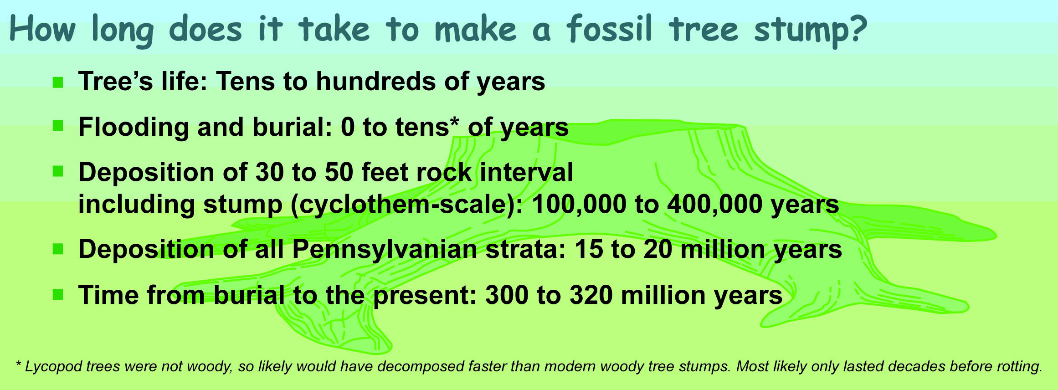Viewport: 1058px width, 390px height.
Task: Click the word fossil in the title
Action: coord(609,29)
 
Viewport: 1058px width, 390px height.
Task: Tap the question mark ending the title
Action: coord(857,29)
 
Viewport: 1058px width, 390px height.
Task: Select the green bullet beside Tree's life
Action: coord(58,82)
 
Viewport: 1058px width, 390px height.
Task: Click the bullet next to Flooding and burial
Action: coord(58,126)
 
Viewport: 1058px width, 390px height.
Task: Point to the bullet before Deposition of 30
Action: coord(58,172)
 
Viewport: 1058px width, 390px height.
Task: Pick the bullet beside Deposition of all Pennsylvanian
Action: coord(58,249)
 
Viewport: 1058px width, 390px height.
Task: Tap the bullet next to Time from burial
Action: coord(58,295)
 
